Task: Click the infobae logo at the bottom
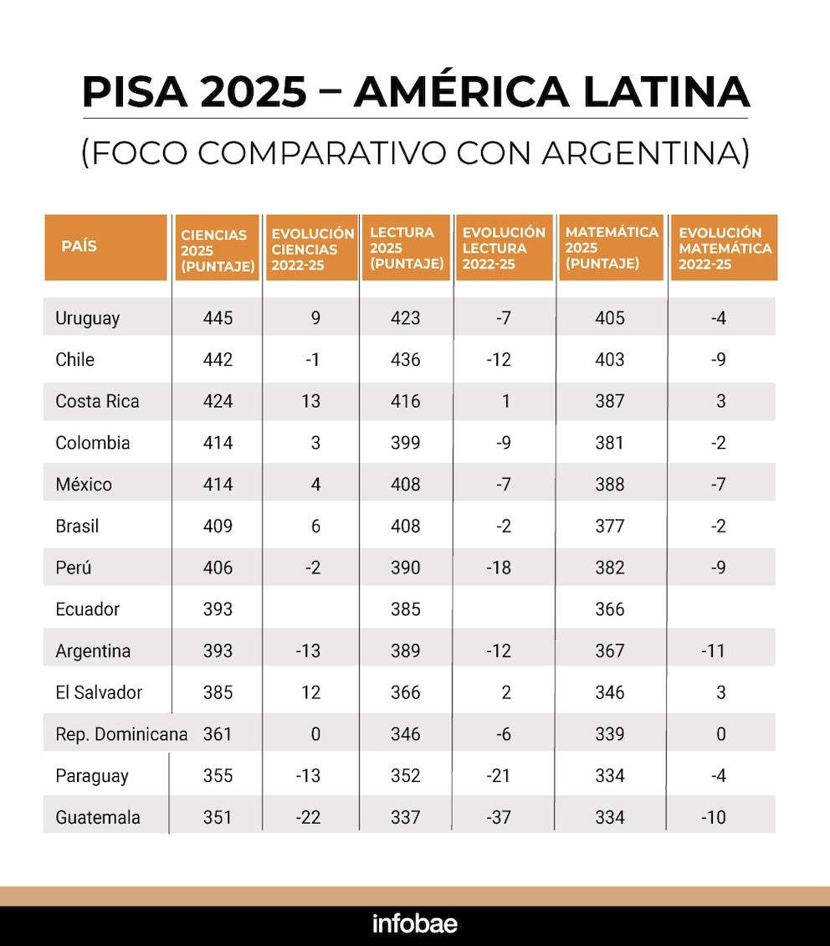[415, 923]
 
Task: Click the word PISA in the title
[135, 92]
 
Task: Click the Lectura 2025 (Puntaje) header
[407, 247]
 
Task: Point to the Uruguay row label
[87, 318]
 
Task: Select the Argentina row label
[93, 651]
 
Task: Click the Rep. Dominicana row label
[121, 734]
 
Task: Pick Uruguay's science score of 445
[218, 318]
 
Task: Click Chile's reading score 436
[405, 360]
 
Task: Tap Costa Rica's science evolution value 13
[310, 401]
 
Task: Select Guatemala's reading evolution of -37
[499, 817]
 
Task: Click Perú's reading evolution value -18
[499, 568]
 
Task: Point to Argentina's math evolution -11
[713, 651]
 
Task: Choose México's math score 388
[609, 485]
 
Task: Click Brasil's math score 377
[609, 526]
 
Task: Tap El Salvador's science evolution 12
[310, 692]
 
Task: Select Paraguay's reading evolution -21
[499, 776]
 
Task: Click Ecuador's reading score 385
[405, 609]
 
